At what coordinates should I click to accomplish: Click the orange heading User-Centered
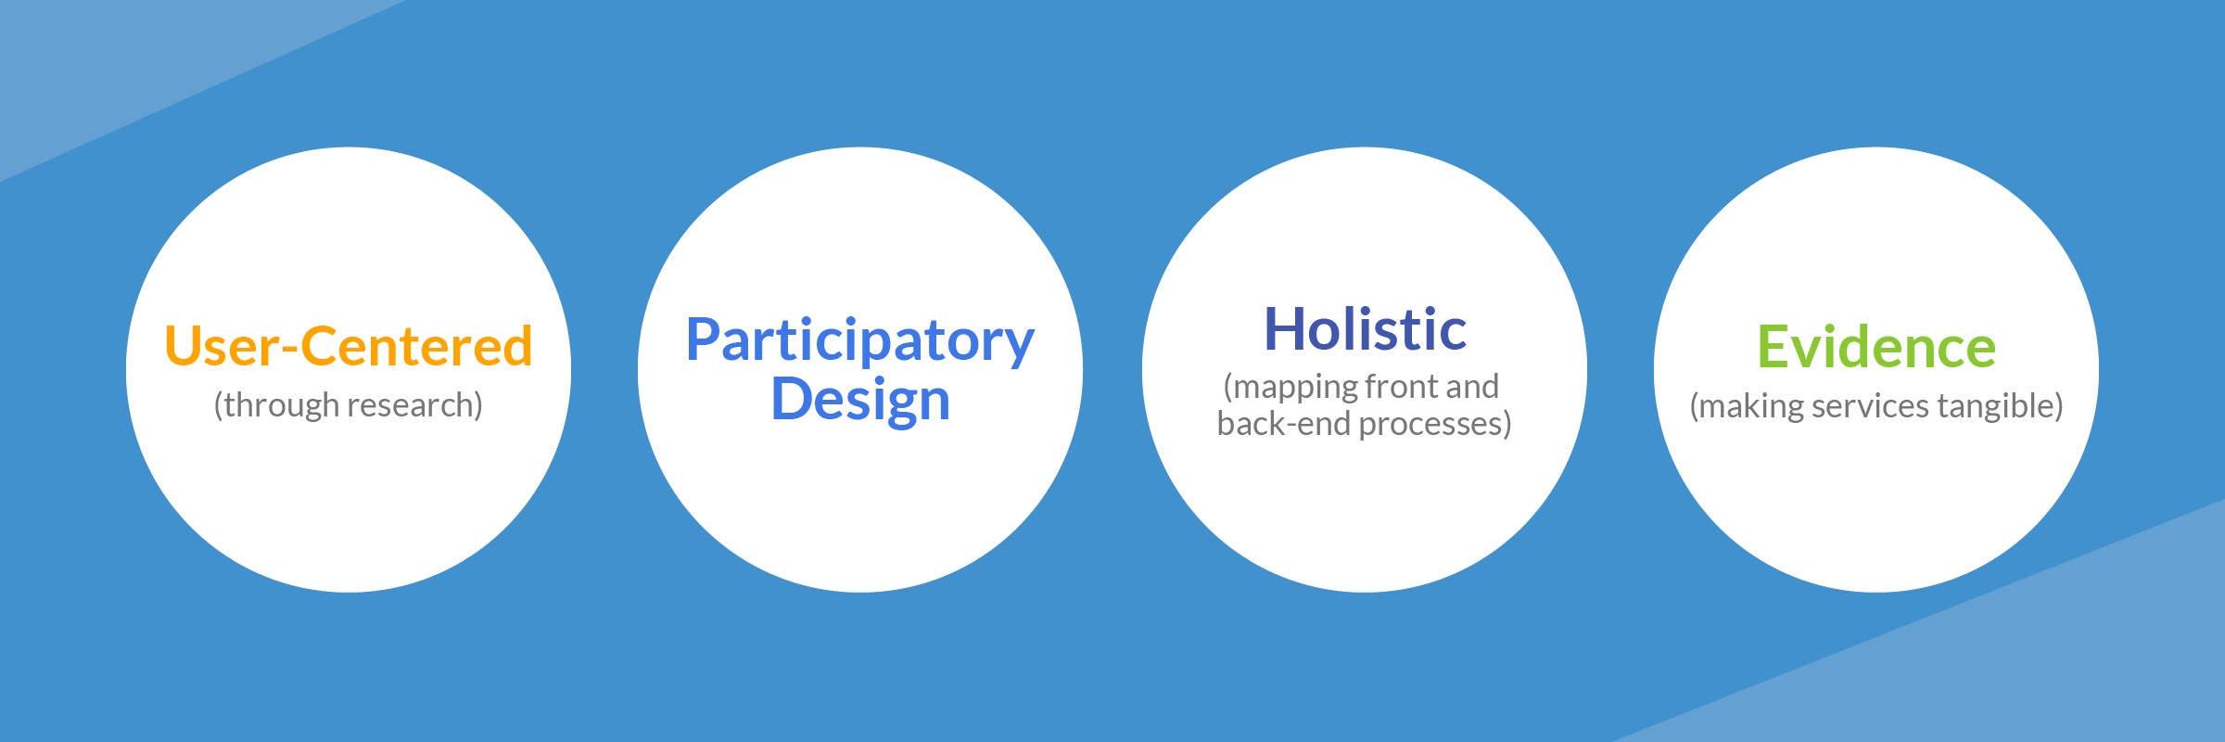click(x=349, y=346)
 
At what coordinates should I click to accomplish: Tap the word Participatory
click(x=859, y=341)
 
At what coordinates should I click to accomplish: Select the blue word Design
click(x=860, y=401)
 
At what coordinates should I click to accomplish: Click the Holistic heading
click(x=1365, y=328)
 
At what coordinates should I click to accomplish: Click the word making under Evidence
click(x=1747, y=407)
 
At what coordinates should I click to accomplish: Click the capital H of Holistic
click(x=1284, y=328)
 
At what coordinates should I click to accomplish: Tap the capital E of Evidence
click(x=1773, y=347)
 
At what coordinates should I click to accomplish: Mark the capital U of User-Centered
click(x=184, y=347)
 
